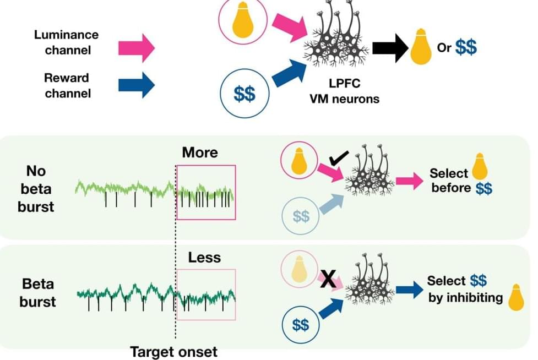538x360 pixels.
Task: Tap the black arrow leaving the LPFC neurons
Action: [390, 48]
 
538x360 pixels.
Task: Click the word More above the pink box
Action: [200, 152]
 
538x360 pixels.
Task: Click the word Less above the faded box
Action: [204, 257]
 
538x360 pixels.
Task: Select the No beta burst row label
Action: [40, 189]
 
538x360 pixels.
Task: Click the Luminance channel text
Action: [66, 42]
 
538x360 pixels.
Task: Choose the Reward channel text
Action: [67, 85]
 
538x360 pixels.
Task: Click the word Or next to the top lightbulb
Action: [444, 48]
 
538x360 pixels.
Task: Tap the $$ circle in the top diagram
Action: [244, 95]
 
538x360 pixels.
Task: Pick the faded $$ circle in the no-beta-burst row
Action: [301, 216]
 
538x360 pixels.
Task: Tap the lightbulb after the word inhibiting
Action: [517, 297]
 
